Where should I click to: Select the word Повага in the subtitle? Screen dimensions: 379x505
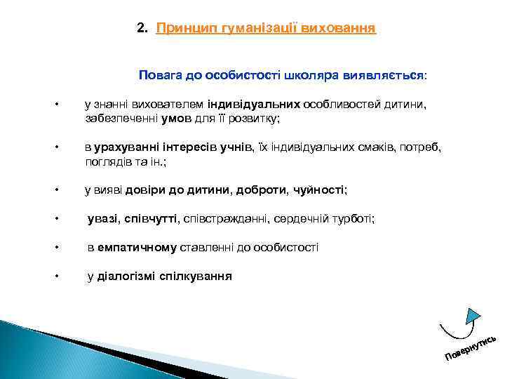(x=160, y=74)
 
